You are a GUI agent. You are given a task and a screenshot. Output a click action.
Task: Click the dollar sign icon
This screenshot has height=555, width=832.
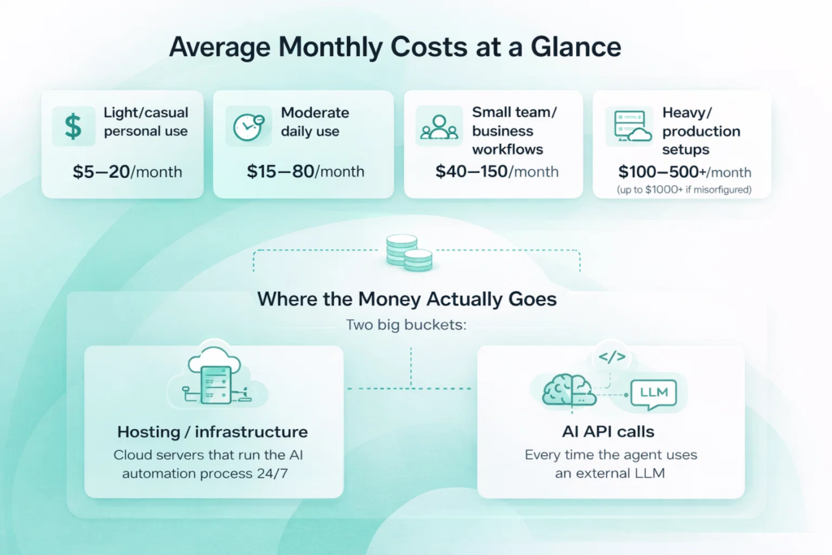click(x=73, y=126)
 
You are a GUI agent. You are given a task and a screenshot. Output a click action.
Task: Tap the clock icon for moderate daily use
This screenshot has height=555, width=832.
click(x=249, y=127)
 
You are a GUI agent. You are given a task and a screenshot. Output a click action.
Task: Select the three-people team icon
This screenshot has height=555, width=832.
click(x=439, y=128)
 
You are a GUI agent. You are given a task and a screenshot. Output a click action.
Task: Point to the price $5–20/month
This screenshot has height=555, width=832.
click(x=128, y=172)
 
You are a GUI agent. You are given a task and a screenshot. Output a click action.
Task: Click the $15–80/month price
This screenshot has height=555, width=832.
click(x=305, y=171)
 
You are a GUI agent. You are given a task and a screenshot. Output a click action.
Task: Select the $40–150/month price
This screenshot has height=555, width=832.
click(x=497, y=171)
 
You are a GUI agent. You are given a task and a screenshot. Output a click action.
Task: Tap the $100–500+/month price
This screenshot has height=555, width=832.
click(x=684, y=172)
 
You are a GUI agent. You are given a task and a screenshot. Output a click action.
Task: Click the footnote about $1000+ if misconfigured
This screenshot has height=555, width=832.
click(x=684, y=189)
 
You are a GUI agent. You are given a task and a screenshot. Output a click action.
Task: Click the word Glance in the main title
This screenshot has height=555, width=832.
click(x=576, y=46)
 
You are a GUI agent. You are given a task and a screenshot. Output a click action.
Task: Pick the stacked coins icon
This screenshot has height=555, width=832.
click(x=409, y=253)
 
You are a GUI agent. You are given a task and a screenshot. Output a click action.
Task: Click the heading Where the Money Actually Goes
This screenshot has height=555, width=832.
click(x=407, y=299)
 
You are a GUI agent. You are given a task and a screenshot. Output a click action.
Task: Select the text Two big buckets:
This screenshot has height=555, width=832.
click(x=406, y=325)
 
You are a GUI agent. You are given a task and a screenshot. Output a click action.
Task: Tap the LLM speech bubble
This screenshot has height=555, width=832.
click(x=653, y=394)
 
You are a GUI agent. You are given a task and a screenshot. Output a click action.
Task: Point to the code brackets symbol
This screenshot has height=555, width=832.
click(x=612, y=357)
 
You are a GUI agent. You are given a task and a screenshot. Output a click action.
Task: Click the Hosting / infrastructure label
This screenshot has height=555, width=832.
click(x=212, y=432)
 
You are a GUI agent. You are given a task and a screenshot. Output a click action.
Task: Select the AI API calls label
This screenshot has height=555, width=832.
click(x=608, y=431)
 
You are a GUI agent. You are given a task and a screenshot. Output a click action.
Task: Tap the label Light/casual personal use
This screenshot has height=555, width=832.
click(x=146, y=122)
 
